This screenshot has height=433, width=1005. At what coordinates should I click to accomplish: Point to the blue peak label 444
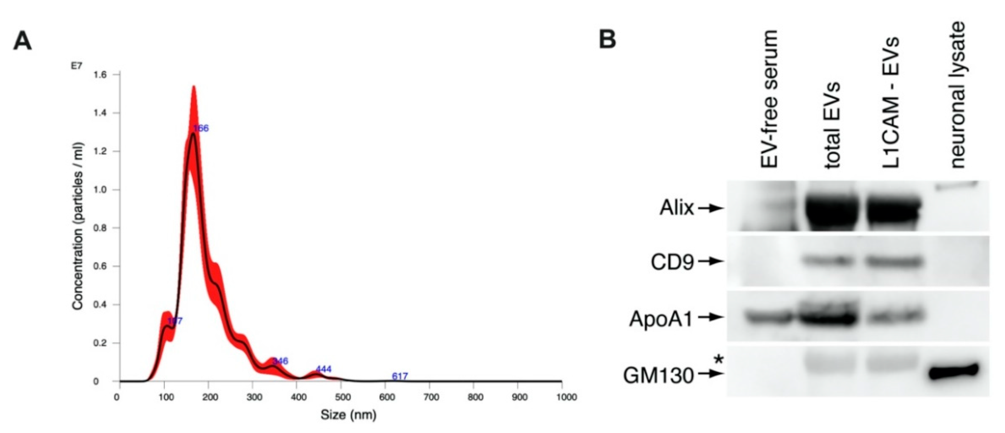tap(324, 369)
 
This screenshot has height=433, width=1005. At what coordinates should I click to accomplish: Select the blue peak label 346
tap(280, 361)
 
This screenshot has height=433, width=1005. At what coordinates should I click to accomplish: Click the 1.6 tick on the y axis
tap(102, 75)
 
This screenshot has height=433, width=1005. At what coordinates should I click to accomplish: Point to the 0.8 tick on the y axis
tap(102, 228)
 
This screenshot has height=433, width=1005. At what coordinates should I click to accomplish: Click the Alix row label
tap(676, 208)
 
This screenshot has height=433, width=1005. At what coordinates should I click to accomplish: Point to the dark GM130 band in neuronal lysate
tap(953, 371)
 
